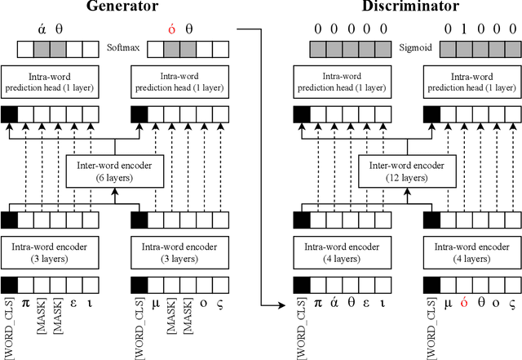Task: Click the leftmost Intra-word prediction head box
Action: (x=50, y=82)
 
